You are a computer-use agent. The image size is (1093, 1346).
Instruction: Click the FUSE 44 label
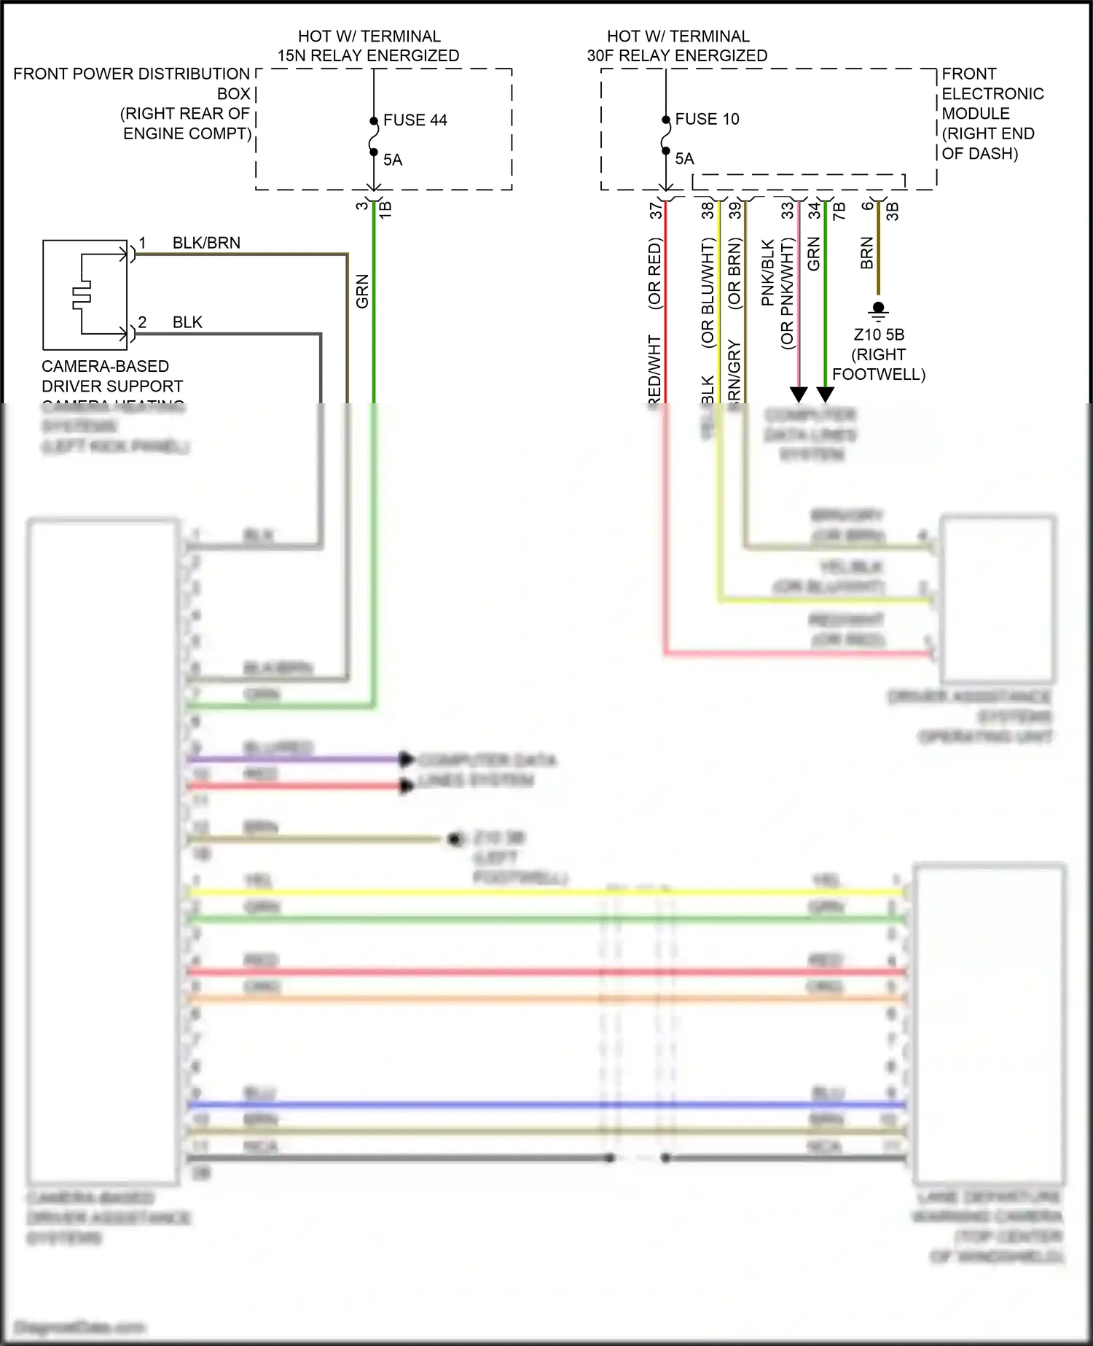tap(415, 120)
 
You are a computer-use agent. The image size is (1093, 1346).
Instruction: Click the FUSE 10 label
tap(707, 119)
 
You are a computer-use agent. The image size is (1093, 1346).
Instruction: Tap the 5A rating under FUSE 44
tap(393, 160)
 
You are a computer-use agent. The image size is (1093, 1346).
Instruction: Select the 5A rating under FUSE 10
tap(684, 159)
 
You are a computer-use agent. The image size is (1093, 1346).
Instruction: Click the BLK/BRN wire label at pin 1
tap(206, 243)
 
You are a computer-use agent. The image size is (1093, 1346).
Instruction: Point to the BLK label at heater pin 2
tap(187, 322)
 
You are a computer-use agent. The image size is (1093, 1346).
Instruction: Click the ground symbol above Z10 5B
tap(878, 312)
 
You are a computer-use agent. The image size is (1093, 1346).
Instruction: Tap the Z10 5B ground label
tap(879, 335)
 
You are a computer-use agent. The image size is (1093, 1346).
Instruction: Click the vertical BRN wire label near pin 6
tap(866, 253)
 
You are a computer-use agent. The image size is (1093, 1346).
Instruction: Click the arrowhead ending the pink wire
tap(799, 394)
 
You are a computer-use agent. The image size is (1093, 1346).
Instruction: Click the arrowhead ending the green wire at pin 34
tap(825, 394)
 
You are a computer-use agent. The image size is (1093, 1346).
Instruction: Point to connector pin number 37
tap(655, 210)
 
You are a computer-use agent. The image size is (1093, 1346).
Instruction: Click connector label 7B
tap(839, 211)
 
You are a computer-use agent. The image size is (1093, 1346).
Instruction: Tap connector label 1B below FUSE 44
tap(385, 210)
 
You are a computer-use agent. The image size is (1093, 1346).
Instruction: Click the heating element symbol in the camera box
tap(81, 294)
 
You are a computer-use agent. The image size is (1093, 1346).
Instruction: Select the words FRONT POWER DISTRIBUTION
tap(131, 74)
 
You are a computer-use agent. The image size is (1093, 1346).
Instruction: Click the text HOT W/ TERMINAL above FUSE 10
tap(678, 36)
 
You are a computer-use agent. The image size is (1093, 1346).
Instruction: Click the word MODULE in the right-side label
tap(975, 114)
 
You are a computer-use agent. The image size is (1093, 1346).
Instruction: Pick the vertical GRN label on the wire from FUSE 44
tap(362, 291)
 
